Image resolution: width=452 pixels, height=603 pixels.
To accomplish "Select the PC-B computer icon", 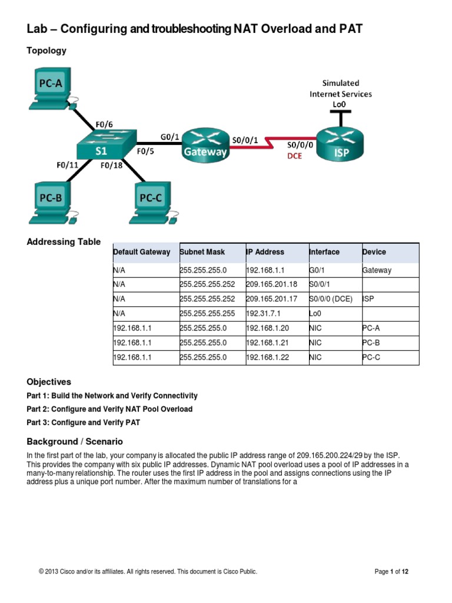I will (51, 201).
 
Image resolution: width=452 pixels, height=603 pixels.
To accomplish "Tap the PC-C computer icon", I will (151, 201).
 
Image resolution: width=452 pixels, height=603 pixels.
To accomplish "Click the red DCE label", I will (294, 156).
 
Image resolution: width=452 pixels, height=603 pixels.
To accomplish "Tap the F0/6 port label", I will (104, 124).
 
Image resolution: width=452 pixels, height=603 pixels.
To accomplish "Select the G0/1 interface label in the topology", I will (170, 137).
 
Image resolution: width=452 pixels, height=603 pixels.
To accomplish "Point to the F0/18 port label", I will (112, 165).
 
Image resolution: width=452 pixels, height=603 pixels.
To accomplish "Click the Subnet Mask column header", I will (202, 252).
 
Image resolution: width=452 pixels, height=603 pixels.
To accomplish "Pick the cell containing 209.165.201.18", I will (268, 284).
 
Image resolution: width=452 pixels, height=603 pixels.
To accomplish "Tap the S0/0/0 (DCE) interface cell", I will (330, 299).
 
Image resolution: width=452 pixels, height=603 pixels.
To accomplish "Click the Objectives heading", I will (49, 382).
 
